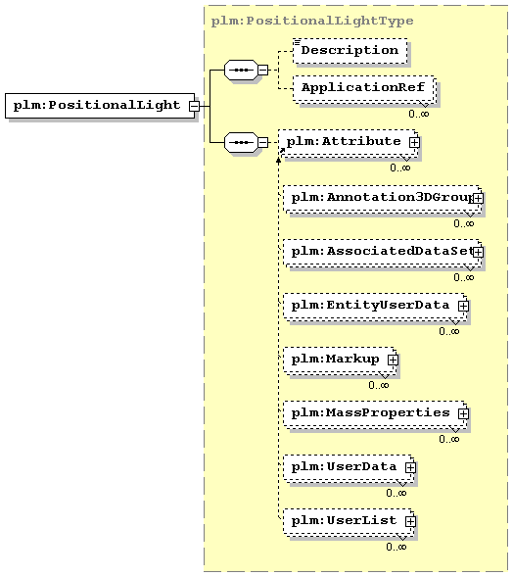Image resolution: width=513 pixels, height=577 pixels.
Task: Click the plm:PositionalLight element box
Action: click(x=100, y=106)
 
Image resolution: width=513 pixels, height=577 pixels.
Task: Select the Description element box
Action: click(x=350, y=50)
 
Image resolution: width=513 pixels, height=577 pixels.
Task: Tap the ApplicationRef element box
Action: click(x=363, y=88)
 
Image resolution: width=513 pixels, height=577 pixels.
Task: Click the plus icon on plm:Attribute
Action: click(x=414, y=142)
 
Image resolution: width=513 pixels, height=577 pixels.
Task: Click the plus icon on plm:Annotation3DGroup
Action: click(x=478, y=198)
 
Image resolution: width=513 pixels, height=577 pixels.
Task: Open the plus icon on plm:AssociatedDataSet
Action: click(x=478, y=252)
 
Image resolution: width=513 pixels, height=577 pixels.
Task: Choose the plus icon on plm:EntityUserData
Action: click(x=463, y=306)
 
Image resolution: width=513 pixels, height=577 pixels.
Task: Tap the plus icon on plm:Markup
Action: click(x=393, y=360)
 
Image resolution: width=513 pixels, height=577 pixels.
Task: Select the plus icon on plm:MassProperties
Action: click(x=463, y=413)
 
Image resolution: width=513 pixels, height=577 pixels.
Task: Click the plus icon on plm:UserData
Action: click(x=410, y=467)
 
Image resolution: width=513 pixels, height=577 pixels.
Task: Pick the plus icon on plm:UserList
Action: click(x=410, y=521)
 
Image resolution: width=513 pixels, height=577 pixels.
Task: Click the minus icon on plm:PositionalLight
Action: click(x=194, y=107)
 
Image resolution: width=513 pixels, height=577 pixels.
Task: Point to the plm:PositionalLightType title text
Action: click(x=312, y=21)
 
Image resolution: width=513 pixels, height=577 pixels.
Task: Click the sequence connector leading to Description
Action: click(x=241, y=70)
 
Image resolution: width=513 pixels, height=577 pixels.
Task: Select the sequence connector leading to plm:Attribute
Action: click(x=241, y=142)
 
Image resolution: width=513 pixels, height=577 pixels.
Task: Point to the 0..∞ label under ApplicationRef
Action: click(x=418, y=114)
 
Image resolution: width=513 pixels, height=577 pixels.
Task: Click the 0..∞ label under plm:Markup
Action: click(x=379, y=385)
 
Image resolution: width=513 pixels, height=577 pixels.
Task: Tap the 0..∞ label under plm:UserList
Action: click(x=396, y=547)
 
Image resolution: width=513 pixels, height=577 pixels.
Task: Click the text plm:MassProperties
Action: click(x=370, y=412)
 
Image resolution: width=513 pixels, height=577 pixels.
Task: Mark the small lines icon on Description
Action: click(x=297, y=42)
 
